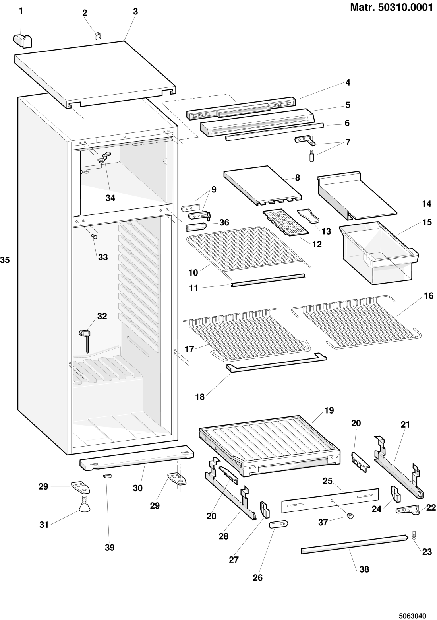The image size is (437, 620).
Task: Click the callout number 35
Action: pyautogui.click(x=5, y=260)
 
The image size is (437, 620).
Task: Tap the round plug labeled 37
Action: pyautogui.click(x=350, y=516)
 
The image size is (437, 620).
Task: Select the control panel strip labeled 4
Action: pyautogui.click(x=241, y=109)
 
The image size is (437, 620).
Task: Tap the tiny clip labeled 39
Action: pyautogui.click(x=107, y=475)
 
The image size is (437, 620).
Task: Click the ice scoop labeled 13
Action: pyautogui.click(x=309, y=215)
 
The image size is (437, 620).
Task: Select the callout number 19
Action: pyautogui.click(x=329, y=410)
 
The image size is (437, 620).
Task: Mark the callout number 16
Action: pyautogui.click(x=428, y=296)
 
